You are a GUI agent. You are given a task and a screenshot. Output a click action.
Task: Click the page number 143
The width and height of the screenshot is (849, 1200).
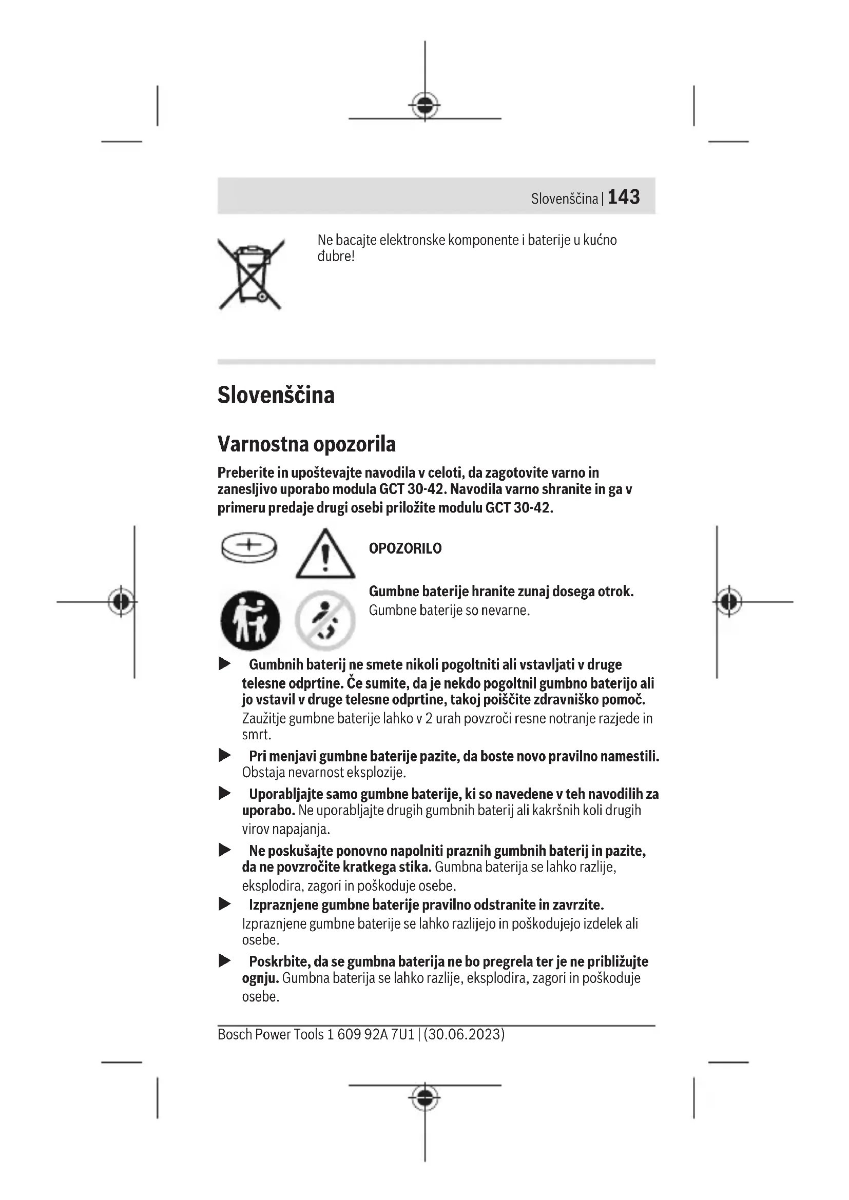[624, 197]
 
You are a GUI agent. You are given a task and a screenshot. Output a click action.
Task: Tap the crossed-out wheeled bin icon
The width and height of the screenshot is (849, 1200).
[251, 274]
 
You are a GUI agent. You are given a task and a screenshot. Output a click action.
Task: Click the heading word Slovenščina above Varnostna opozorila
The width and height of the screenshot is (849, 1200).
[276, 395]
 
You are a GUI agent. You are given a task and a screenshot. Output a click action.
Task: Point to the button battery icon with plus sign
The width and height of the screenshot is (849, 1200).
[249, 547]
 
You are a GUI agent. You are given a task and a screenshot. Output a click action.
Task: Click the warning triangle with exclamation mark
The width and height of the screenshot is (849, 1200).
[325, 555]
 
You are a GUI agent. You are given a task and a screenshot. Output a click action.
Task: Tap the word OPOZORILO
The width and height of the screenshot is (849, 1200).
[405, 548]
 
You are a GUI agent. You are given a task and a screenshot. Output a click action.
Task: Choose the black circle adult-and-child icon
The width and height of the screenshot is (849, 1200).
[250, 620]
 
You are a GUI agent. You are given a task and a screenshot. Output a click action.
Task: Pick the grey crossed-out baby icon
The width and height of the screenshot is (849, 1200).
[325, 620]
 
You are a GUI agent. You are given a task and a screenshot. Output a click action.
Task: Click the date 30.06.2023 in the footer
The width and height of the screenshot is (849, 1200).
[464, 1034]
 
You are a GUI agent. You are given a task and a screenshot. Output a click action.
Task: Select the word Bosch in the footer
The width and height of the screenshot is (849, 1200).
[234, 1034]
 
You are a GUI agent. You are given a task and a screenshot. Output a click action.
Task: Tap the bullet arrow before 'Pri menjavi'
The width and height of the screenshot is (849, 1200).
[225, 755]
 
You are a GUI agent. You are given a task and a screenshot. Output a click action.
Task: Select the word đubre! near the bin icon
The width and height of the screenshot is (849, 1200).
[336, 257]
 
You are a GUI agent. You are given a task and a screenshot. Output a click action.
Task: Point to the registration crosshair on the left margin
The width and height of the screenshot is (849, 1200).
[121, 602]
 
